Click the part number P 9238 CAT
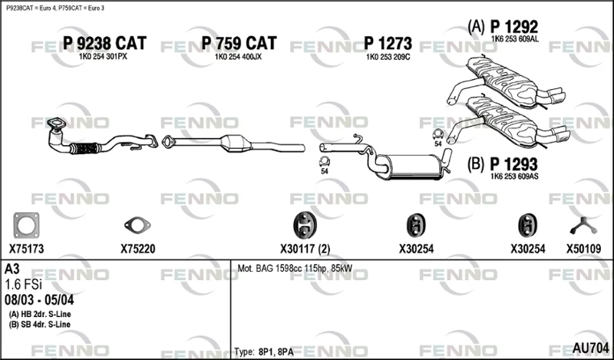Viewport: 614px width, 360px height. tap(104, 43)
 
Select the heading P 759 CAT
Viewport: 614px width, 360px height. tap(239, 43)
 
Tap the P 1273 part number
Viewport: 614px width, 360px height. tap(388, 44)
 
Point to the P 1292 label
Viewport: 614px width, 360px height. tap(514, 27)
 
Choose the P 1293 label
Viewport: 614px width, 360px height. tap(513, 164)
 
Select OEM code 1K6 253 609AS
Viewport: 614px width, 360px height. tap(514, 177)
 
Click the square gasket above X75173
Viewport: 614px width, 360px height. tap(26, 226)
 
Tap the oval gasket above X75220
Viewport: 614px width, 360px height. tap(137, 225)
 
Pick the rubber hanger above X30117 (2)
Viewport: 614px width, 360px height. tap(305, 225)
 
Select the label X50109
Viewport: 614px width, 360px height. tap(583, 249)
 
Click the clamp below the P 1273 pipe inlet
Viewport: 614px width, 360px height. tap(324, 162)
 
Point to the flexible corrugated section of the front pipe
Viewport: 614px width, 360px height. tap(85, 148)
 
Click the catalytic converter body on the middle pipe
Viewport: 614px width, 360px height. tap(236, 144)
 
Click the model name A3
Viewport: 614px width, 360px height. tap(12, 269)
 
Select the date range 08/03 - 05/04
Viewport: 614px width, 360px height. tap(39, 300)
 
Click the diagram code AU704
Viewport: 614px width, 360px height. tap(590, 348)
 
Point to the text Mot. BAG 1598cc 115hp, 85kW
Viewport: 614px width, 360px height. tap(295, 269)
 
